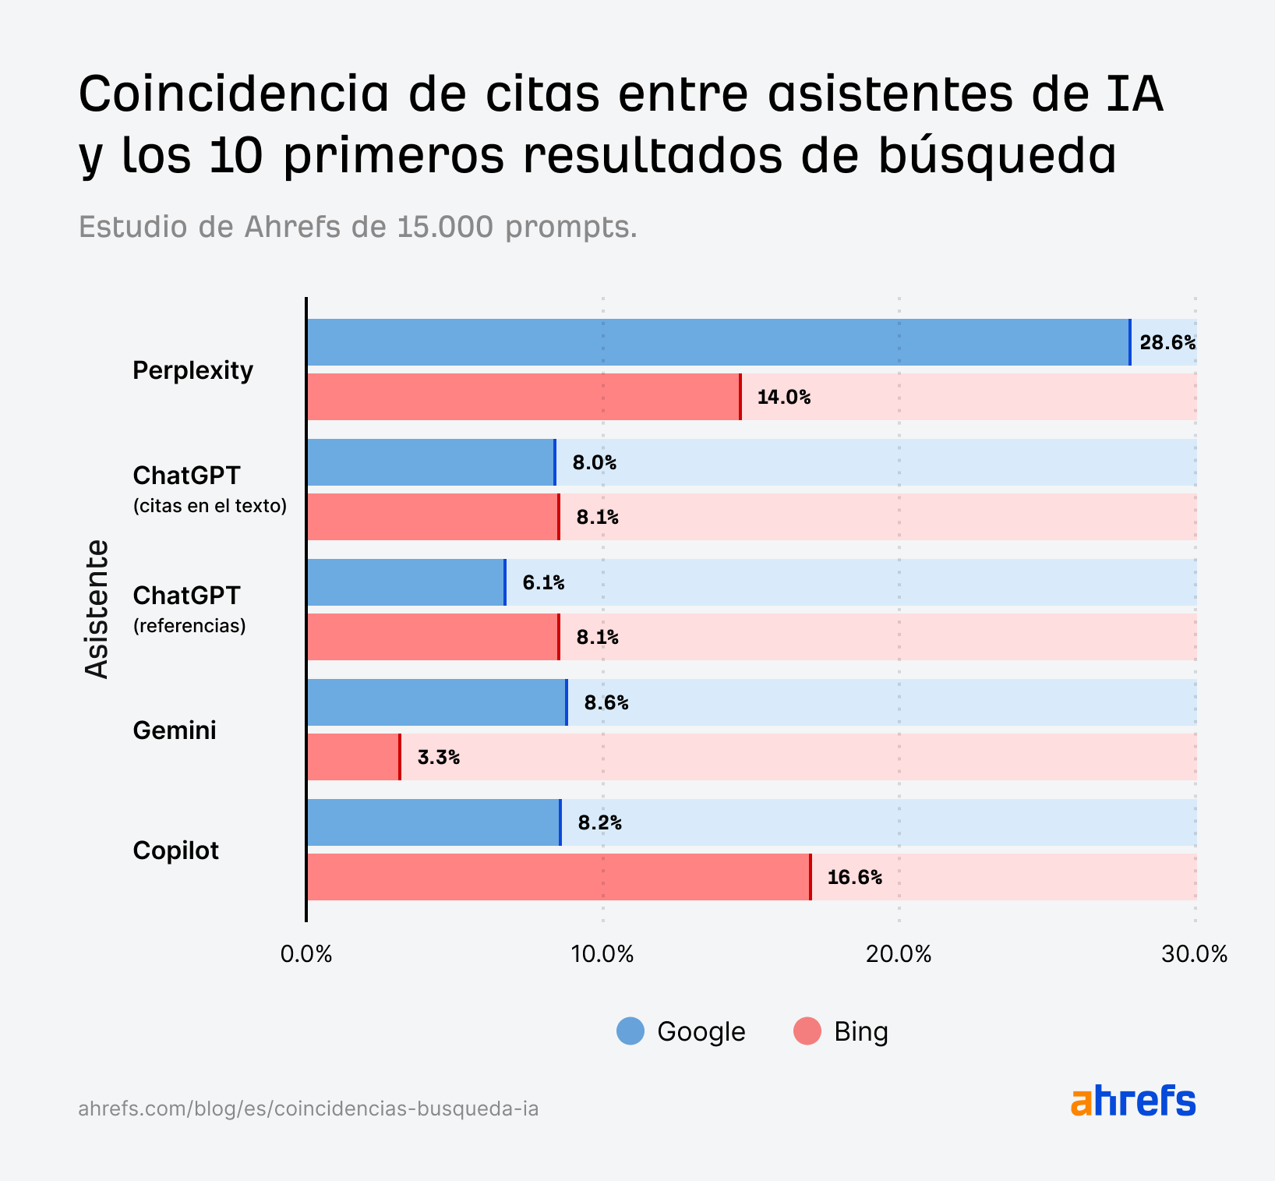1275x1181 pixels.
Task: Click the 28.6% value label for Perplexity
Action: (x=1167, y=342)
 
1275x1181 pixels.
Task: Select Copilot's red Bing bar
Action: (x=558, y=877)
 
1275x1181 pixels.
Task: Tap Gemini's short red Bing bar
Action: (x=353, y=757)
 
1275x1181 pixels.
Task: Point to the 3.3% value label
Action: (x=438, y=757)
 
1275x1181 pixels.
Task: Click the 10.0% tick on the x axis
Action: (x=602, y=954)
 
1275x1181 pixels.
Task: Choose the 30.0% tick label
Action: (x=1194, y=954)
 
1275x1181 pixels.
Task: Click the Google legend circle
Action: (x=630, y=1031)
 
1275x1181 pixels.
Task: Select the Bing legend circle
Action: (x=807, y=1031)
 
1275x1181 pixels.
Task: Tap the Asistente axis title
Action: (x=97, y=609)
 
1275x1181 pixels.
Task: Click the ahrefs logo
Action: (x=1133, y=1101)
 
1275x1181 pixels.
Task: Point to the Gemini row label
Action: (x=175, y=730)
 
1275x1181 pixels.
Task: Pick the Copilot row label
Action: (x=175, y=850)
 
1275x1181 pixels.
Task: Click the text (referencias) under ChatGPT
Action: (x=189, y=626)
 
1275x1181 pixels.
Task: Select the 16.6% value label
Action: (x=854, y=877)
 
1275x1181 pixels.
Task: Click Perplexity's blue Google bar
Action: (x=717, y=342)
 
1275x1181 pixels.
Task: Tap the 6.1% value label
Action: (x=543, y=582)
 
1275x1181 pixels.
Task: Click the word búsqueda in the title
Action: (x=997, y=155)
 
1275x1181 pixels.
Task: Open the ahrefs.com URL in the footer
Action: (x=309, y=1109)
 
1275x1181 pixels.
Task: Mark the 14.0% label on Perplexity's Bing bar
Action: (x=783, y=397)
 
